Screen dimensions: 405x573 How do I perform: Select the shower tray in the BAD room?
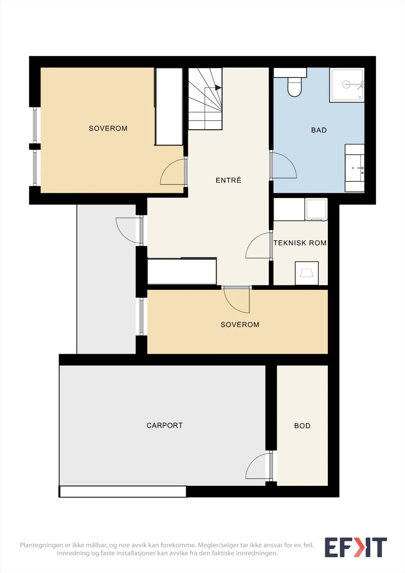pos(347,85)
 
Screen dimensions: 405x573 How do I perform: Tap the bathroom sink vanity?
pos(355,168)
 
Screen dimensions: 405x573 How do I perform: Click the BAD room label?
pos(319,130)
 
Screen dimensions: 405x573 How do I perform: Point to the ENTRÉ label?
pos(228,180)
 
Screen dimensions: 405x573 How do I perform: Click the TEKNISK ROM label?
pos(300,243)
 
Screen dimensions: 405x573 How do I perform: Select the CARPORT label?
pos(164,425)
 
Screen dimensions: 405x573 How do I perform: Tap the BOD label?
pos(302,426)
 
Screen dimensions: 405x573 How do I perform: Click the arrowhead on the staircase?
pos(218,88)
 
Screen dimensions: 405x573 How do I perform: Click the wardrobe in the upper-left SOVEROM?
pos(169,106)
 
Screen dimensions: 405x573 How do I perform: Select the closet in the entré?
pos(182,271)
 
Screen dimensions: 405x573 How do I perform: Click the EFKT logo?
pos(356,547)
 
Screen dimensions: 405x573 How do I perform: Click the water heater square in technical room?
pos(307,273)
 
